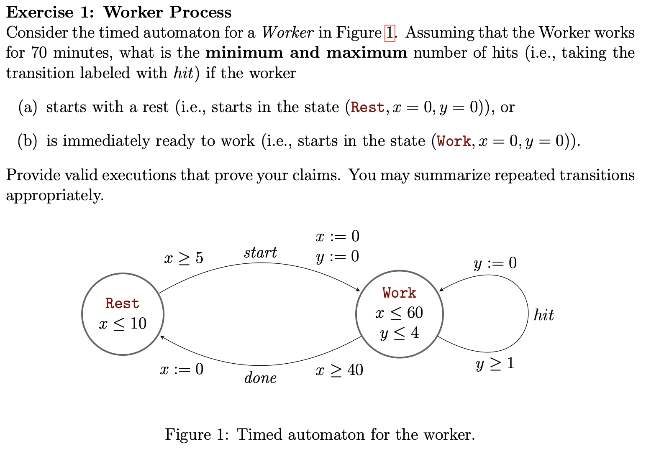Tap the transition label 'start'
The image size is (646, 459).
[260, 252]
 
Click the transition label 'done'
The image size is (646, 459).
[260, 378]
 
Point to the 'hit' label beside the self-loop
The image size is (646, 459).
[543, 315]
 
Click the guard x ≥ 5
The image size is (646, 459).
[184, 258]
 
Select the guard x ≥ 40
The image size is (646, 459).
[339, 370]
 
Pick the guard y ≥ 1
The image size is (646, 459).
[495, 364]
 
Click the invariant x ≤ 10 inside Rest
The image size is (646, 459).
[123, 324]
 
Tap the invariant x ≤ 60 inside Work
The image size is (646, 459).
[399, 313]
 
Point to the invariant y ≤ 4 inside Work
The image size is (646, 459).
[399, 333]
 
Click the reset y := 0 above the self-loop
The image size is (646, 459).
[495, 263]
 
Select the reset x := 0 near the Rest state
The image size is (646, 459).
[182, 369]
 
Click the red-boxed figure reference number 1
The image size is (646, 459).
[390, 33]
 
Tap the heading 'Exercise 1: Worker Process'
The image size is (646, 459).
[119, 12]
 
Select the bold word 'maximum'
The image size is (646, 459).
[367, 53]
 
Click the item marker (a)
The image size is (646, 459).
[28, 107]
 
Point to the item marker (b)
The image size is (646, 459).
[28, 141]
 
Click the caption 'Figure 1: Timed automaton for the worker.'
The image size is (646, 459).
[320, 434]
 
